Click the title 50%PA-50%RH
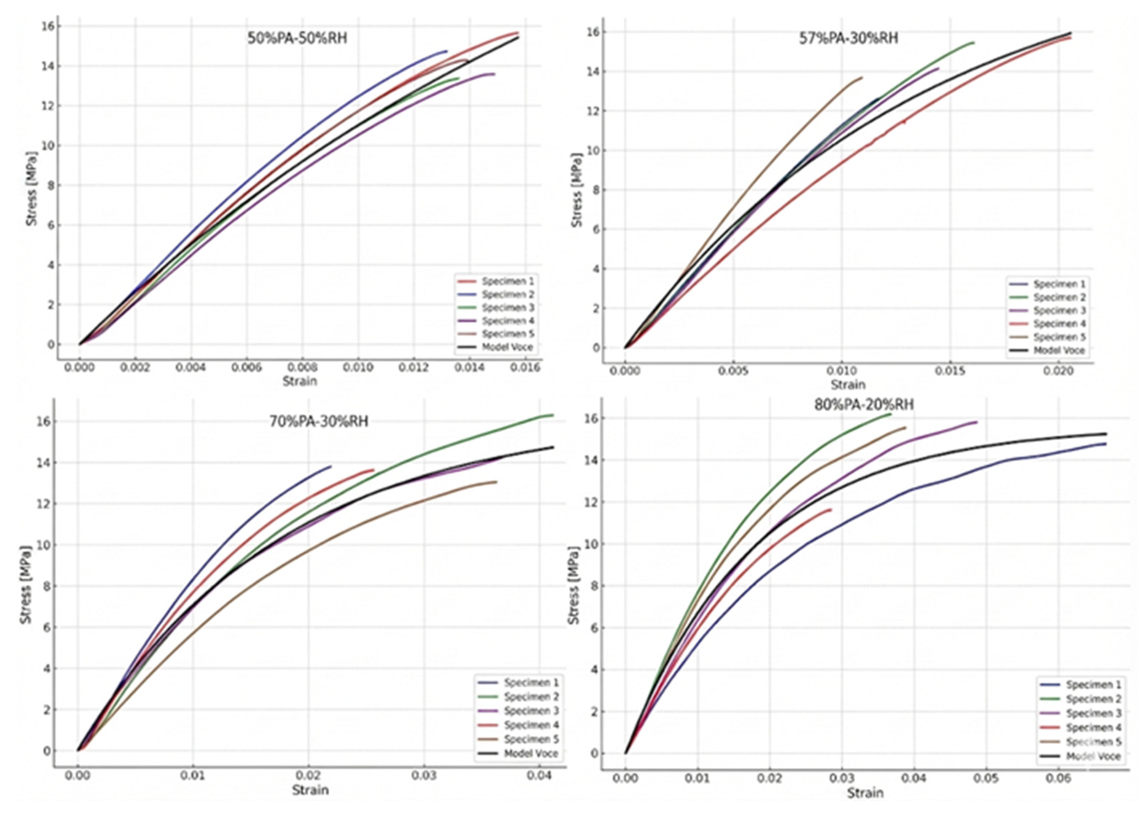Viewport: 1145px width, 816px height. point(297,38)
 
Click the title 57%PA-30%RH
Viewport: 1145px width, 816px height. point(848,38)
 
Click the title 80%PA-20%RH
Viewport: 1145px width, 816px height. point(864,404)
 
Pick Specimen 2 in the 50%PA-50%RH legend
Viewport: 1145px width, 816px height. point(508,295)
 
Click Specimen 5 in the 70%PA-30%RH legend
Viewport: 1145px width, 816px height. point(531,739)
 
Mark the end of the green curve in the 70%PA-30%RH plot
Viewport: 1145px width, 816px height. point(553,415)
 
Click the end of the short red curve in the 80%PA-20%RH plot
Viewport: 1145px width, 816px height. point(831,510)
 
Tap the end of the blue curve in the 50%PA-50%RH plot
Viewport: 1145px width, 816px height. point(447,51)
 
